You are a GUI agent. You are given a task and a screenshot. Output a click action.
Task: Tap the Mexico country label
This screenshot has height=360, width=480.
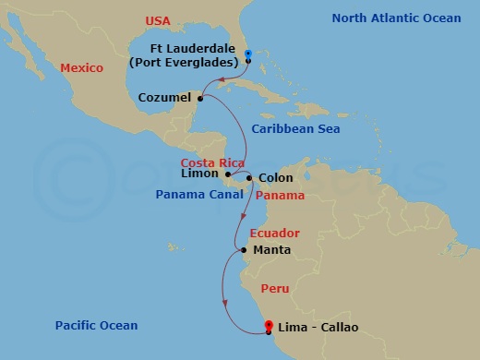pos(80,67)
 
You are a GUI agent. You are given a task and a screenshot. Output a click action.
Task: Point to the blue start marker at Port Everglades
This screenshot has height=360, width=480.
pos(248,57)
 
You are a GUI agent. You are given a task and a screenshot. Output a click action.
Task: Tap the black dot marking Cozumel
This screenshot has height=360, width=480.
pos(200,97)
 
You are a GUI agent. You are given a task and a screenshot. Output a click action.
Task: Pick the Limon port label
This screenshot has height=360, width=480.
pos(202,174)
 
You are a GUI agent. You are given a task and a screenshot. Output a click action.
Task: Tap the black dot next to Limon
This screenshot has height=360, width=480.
pos(227,174)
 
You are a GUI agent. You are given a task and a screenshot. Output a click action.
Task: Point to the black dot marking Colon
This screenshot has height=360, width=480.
pos(250,177)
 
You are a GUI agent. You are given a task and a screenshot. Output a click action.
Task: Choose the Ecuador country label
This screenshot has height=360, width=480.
pos(274,234)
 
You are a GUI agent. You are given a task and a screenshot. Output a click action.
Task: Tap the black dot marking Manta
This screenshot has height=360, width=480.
pos(243,250)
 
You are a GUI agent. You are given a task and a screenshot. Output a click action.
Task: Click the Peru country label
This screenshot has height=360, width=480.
pos(274,289)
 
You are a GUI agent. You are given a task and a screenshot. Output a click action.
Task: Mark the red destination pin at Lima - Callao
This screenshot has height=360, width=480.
pos(269,326)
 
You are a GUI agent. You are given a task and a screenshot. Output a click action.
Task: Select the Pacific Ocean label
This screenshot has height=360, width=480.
pos(96,325)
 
